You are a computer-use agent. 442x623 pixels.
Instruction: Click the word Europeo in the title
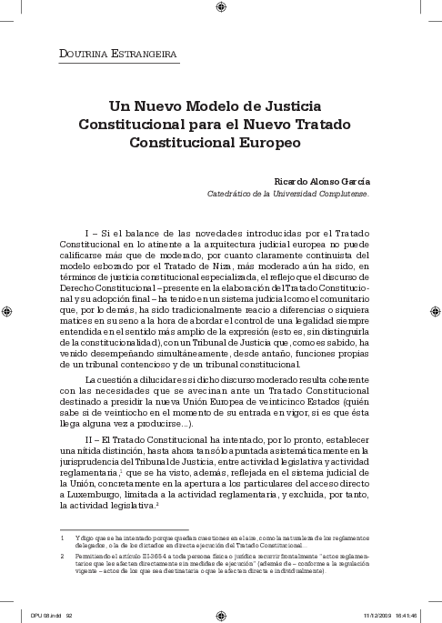[265, 143]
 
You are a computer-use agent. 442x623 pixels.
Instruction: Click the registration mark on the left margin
[7, 311]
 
